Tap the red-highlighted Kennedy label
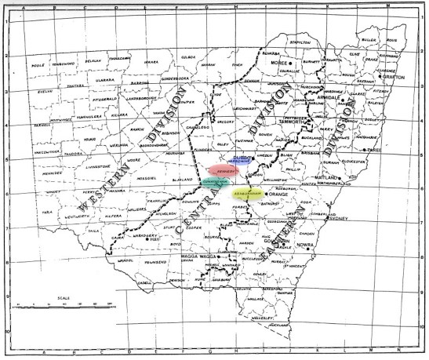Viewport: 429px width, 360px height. click(224, 170)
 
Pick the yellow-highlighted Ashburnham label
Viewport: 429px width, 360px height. click(235, 190)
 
